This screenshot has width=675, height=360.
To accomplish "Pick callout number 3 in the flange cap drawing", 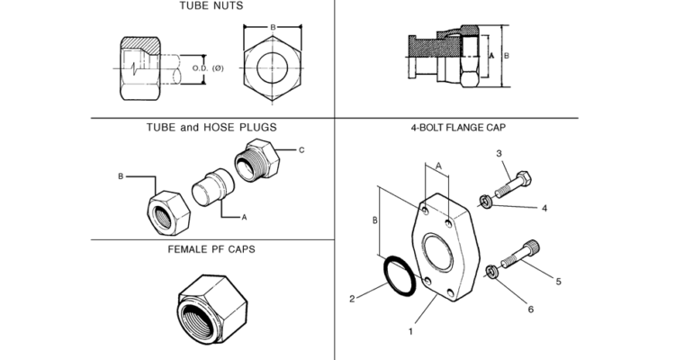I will coord(499,154).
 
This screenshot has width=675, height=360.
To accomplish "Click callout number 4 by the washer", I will coord(544,209).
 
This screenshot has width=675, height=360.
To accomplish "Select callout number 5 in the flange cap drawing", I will coord(558,282).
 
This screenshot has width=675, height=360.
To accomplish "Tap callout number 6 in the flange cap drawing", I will coord(530,310).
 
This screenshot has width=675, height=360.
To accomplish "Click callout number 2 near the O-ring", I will coord(353,296).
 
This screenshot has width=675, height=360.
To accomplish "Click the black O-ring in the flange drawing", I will coord(396,275).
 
